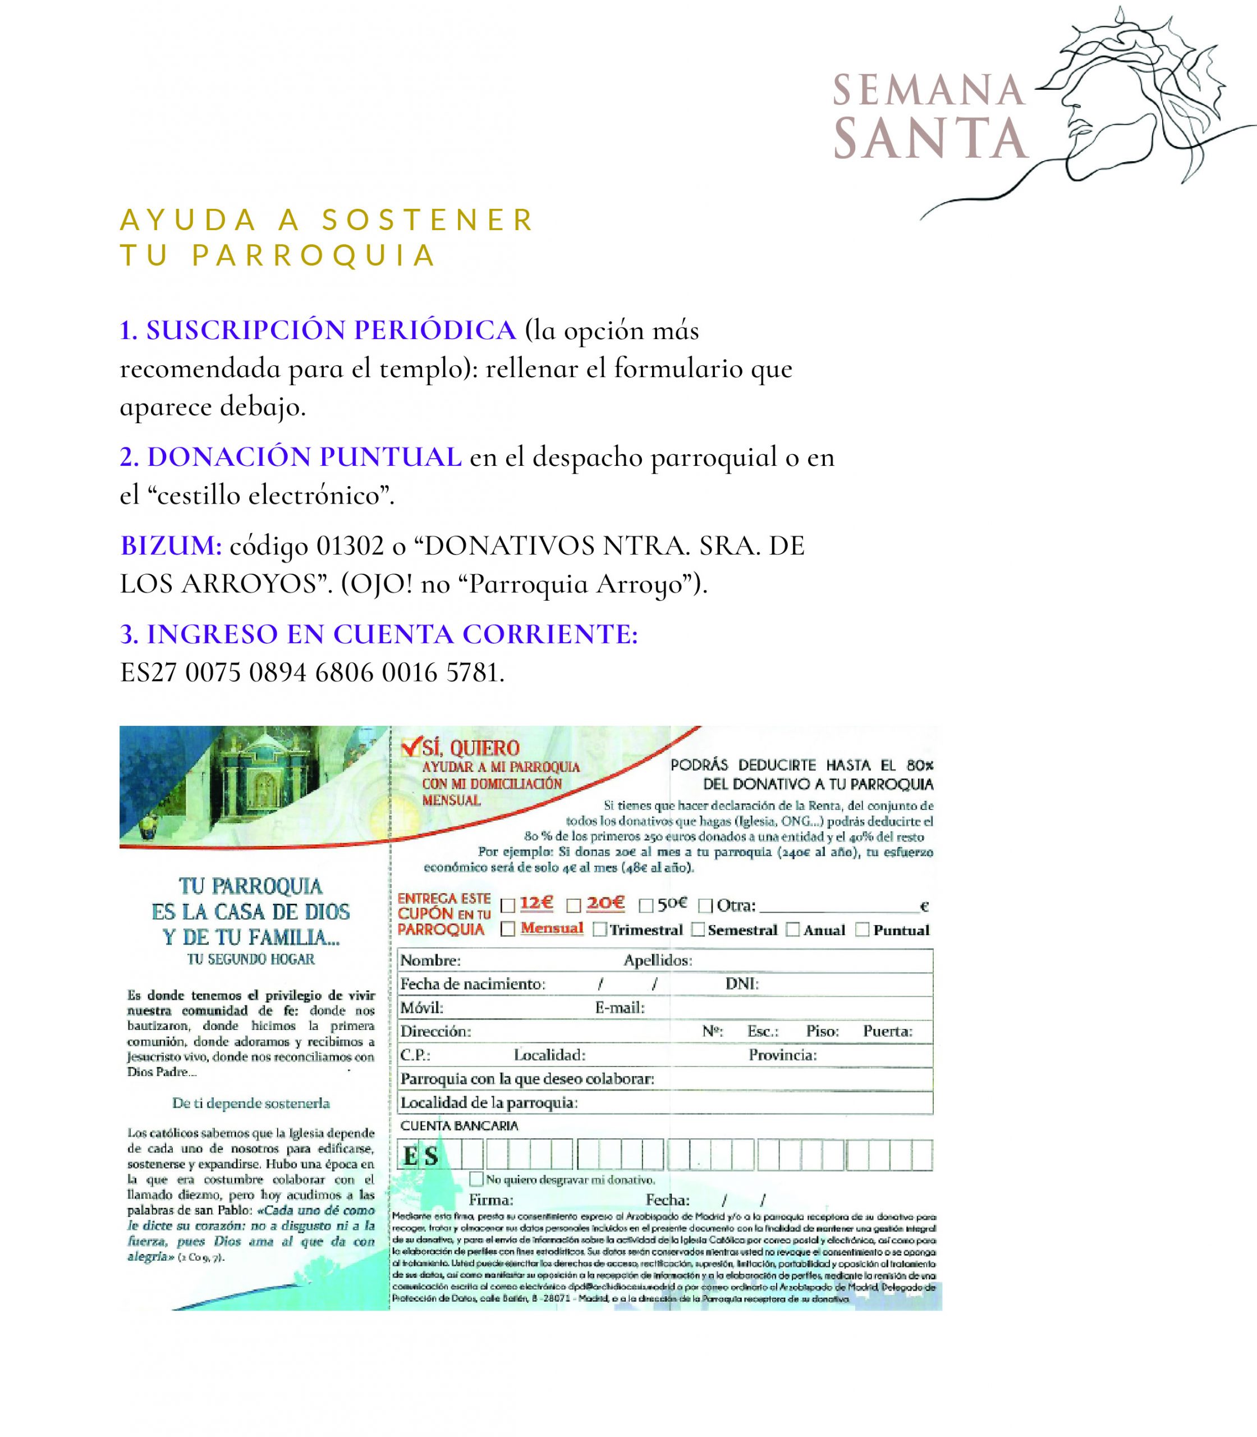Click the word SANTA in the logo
pos(931,138)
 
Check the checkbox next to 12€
pos(508,906)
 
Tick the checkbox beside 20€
pos(574,906)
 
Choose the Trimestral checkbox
pos(600,931)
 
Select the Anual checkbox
pos(792,931)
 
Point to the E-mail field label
pos(620,1008)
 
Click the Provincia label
pos(782,1055)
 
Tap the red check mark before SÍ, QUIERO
pos(410,747)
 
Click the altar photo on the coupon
pos(267,775)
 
